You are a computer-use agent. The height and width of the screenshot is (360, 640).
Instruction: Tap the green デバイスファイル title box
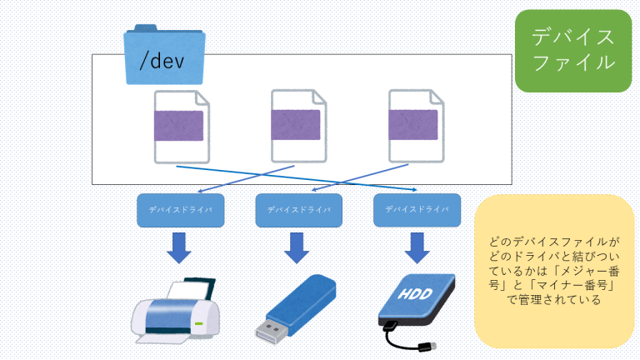tap(573, 50)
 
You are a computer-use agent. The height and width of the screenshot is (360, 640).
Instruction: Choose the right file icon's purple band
tap(415, 125)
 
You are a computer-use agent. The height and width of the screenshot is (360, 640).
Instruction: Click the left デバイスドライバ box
tap(180, 210)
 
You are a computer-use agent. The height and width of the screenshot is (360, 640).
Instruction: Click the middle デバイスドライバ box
tap(297, 210)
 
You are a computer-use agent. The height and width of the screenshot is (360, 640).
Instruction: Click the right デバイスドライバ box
tap(414, 210)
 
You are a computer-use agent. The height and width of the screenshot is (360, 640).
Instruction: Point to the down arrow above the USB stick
tap(297, 247)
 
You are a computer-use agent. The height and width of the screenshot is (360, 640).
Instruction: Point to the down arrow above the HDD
tap(414, 247)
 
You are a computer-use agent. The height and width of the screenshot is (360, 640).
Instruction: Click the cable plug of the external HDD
tap(428, 343)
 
